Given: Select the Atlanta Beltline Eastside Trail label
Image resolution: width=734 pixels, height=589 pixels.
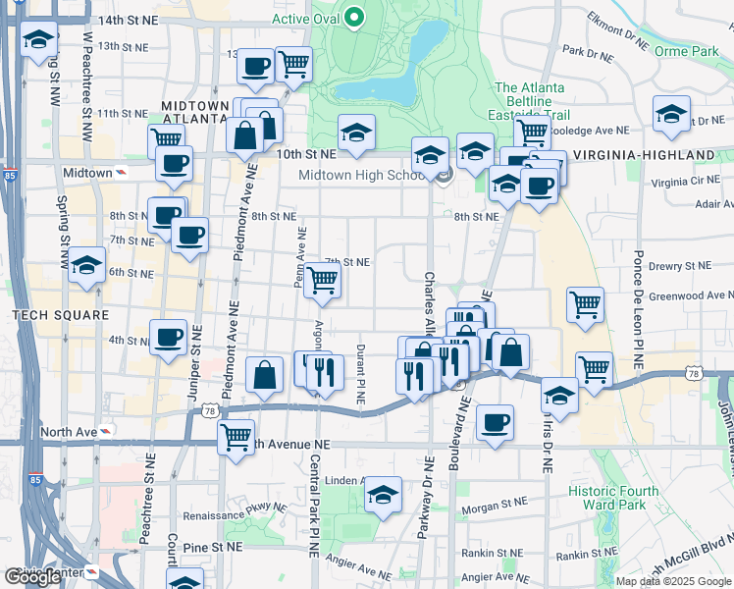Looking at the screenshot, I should (x=529, y=101).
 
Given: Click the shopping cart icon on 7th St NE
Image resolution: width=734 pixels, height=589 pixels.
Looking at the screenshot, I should (x=322, y=280).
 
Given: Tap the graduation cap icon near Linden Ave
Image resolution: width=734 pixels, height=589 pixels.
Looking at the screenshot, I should (x=384, y=494).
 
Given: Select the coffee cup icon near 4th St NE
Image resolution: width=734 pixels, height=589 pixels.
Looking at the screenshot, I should (x=169, y=337).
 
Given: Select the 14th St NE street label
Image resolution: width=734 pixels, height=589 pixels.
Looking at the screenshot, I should (x=128, y=20).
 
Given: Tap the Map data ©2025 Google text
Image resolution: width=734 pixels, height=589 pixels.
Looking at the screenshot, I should (x=673, y=581).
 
